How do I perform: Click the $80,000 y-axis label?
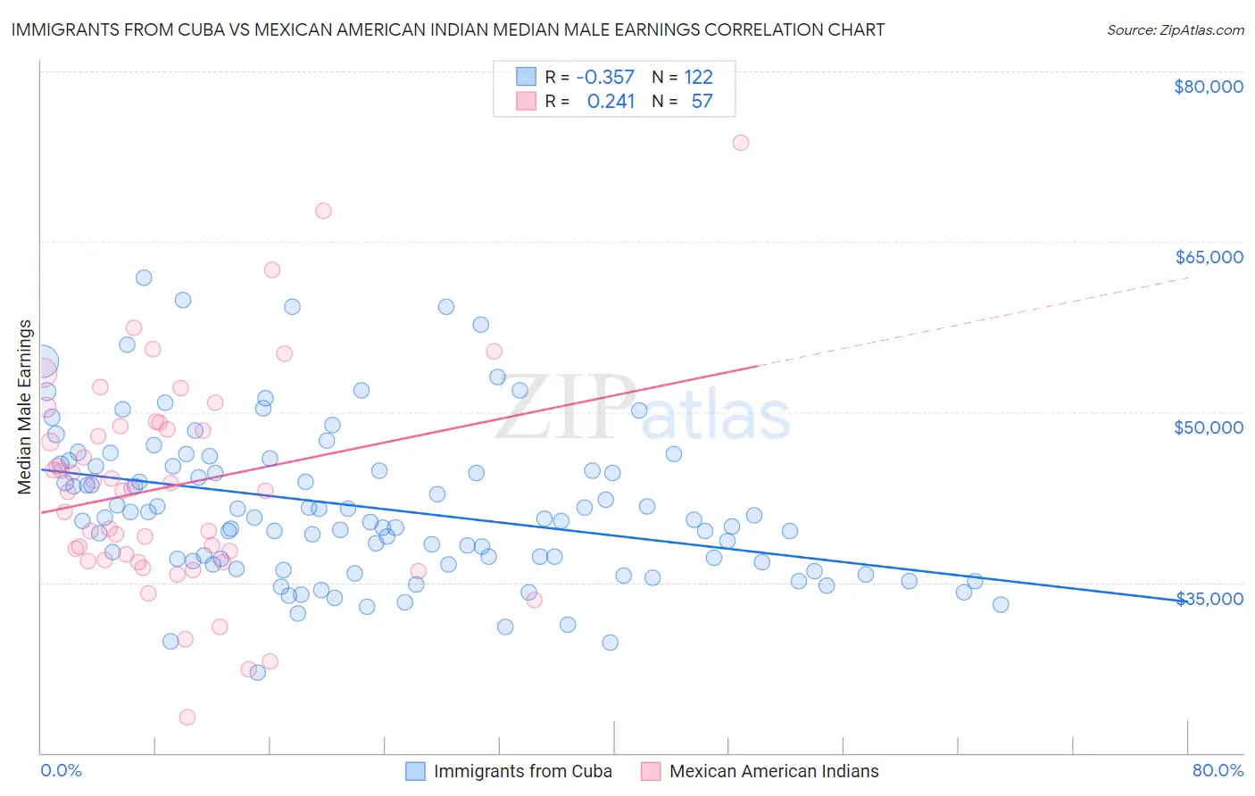point(1208,87)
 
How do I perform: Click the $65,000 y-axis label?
point(1208,257)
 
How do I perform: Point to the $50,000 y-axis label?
point(1208,427)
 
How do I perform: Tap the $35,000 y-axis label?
point(1208,599)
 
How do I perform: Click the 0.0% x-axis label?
point(61,770)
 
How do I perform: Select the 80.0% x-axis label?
point(1218,770)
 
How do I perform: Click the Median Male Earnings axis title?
point(25,407)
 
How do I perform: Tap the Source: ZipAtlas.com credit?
point(1175,30)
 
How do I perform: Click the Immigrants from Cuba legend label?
point(522,771)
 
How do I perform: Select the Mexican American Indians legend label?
point(773,771)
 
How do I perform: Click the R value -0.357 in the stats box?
point(605,78)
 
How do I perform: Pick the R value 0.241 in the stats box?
point(611,101)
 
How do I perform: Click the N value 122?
point(698,78)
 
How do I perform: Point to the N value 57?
point(702,101)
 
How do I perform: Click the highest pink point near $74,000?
point(740,143)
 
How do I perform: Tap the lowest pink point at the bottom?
point(187,717)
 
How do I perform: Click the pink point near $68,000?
point(323,211)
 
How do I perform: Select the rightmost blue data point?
point(1001,605)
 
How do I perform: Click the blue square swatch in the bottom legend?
point(415,771)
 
